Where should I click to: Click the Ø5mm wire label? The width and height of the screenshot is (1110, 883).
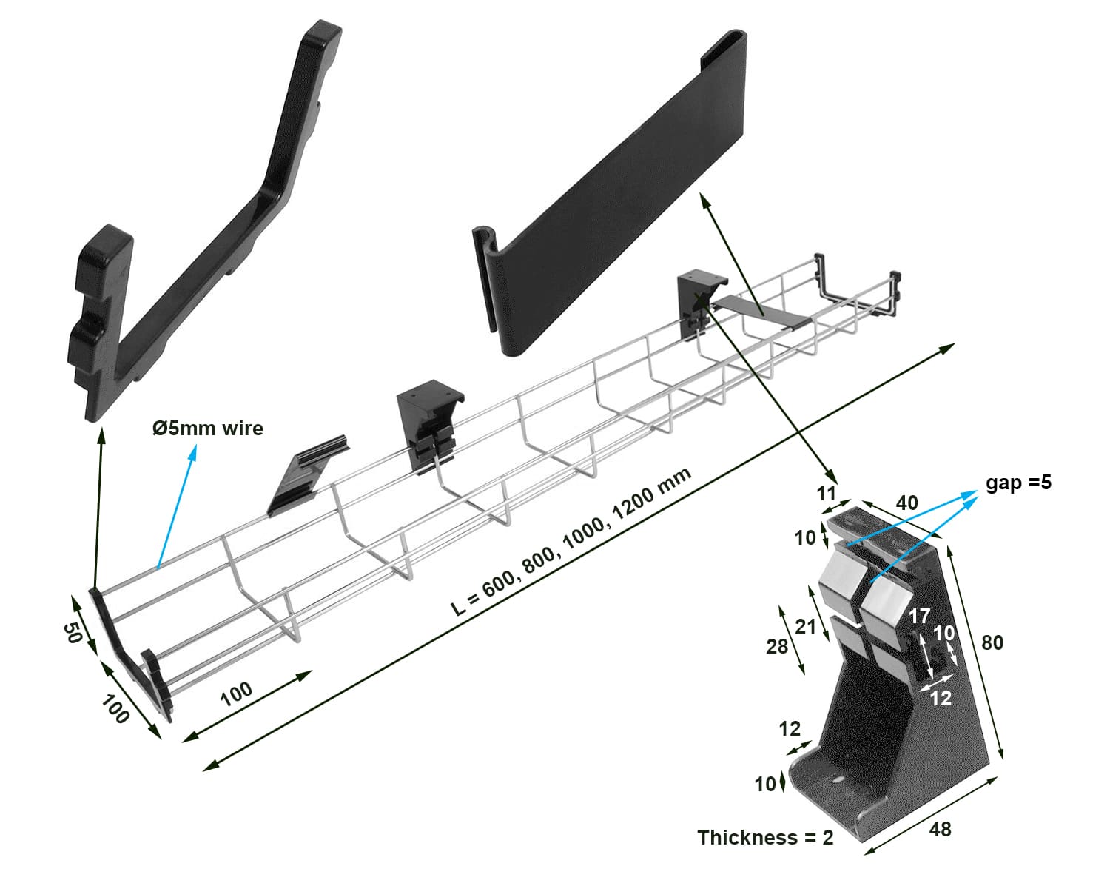207,429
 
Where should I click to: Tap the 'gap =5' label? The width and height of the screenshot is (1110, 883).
1018,483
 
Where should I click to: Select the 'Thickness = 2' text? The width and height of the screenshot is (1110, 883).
765,838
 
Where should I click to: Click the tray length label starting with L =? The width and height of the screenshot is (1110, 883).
571,543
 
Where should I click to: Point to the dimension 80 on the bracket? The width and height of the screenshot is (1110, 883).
992,642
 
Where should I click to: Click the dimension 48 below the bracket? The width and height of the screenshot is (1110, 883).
940,829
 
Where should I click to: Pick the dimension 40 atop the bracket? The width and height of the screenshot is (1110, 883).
906,503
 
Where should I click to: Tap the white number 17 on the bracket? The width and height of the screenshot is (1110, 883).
919,616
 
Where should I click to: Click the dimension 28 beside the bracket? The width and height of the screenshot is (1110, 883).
777,647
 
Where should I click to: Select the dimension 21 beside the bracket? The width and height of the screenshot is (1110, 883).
805,627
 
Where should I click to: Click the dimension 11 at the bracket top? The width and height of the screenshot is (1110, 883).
826,493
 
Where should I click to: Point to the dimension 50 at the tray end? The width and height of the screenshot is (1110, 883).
72,633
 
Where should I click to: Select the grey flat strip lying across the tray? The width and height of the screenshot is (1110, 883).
762,311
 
